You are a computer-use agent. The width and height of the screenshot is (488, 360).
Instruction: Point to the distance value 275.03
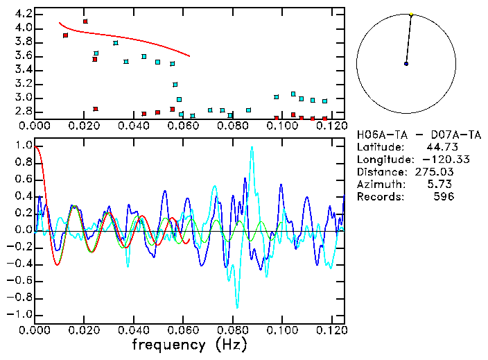tap(437, 171)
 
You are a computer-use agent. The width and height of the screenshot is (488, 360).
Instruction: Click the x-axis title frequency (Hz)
tap(189, 345)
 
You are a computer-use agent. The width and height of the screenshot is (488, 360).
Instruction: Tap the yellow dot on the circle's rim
tap(411, 14)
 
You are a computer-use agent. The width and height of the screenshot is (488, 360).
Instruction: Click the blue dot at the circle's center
tap(406, 64)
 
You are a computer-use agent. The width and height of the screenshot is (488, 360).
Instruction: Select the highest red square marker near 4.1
tap(85, 22)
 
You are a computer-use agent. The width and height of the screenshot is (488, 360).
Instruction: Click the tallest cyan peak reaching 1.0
tap(252, 146)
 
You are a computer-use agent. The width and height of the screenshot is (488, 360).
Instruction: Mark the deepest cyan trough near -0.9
tap(237, 307)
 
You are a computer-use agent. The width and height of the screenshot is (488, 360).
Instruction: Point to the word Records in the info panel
tap(379, 196)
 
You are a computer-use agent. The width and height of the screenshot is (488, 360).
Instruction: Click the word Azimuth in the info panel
tap(379, 184)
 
